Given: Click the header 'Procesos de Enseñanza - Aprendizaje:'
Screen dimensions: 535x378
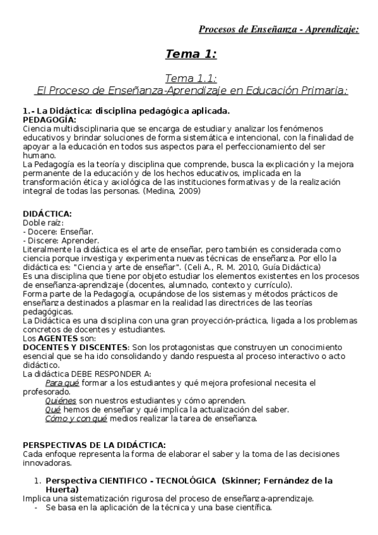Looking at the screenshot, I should click(278, 29).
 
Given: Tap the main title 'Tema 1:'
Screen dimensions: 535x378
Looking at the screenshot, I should click(191, 54).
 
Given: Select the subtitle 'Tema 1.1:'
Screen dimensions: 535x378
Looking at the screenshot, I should click(191, 78).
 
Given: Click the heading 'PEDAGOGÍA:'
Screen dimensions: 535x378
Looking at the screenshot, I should click(49, 119).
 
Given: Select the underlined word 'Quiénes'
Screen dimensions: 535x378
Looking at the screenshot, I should click(61, 401).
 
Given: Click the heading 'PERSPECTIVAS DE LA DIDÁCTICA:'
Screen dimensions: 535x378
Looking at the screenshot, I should click(95, 445).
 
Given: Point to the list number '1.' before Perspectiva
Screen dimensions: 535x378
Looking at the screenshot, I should click(37, 481).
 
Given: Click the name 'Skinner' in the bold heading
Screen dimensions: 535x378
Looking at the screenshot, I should click(240, 481).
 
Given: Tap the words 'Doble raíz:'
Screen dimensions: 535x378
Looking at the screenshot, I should click(42, 223).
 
